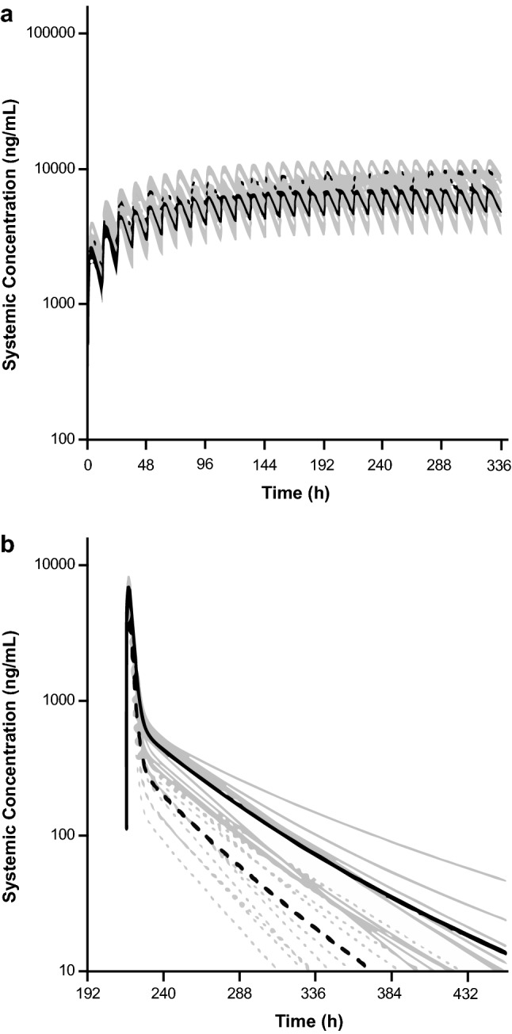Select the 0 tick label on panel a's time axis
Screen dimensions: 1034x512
pos(87,466)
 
